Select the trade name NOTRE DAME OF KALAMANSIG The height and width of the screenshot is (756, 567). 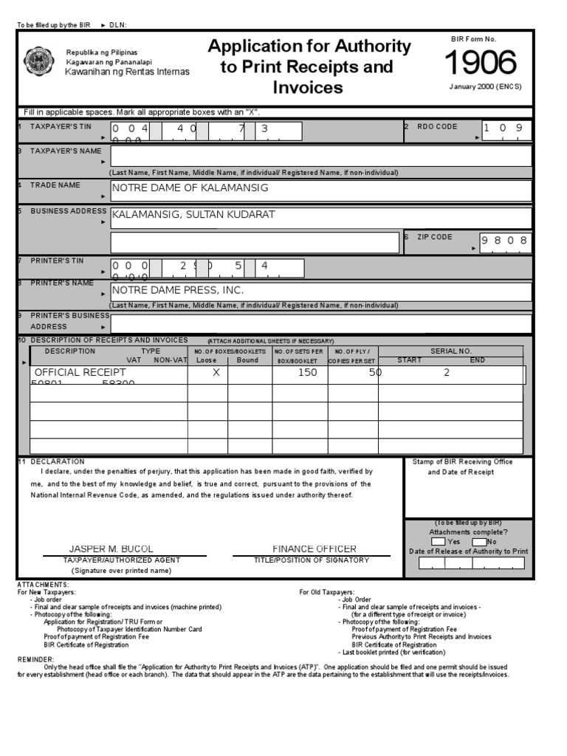point(190,188)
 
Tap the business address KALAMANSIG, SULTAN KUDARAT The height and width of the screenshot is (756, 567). point(193,215)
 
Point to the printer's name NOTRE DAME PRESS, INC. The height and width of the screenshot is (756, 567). point(177,290)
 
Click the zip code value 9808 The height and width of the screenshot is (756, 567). point(505,241)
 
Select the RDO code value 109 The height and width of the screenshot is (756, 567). point(505,128)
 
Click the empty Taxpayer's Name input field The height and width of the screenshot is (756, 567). point(320,156)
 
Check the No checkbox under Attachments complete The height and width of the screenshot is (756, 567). point(479,541)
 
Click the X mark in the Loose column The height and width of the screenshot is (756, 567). point(216,373)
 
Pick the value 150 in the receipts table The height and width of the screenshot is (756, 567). point(307,373)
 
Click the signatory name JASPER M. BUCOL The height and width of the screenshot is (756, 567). point(111,549)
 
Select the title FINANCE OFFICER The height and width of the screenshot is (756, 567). point(314,549)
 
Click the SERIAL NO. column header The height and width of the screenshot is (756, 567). point(451,351)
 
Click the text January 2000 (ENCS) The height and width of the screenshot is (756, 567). point(485,86)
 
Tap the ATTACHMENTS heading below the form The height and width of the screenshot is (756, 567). point(43,584)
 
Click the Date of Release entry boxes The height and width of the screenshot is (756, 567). point(470,563)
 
